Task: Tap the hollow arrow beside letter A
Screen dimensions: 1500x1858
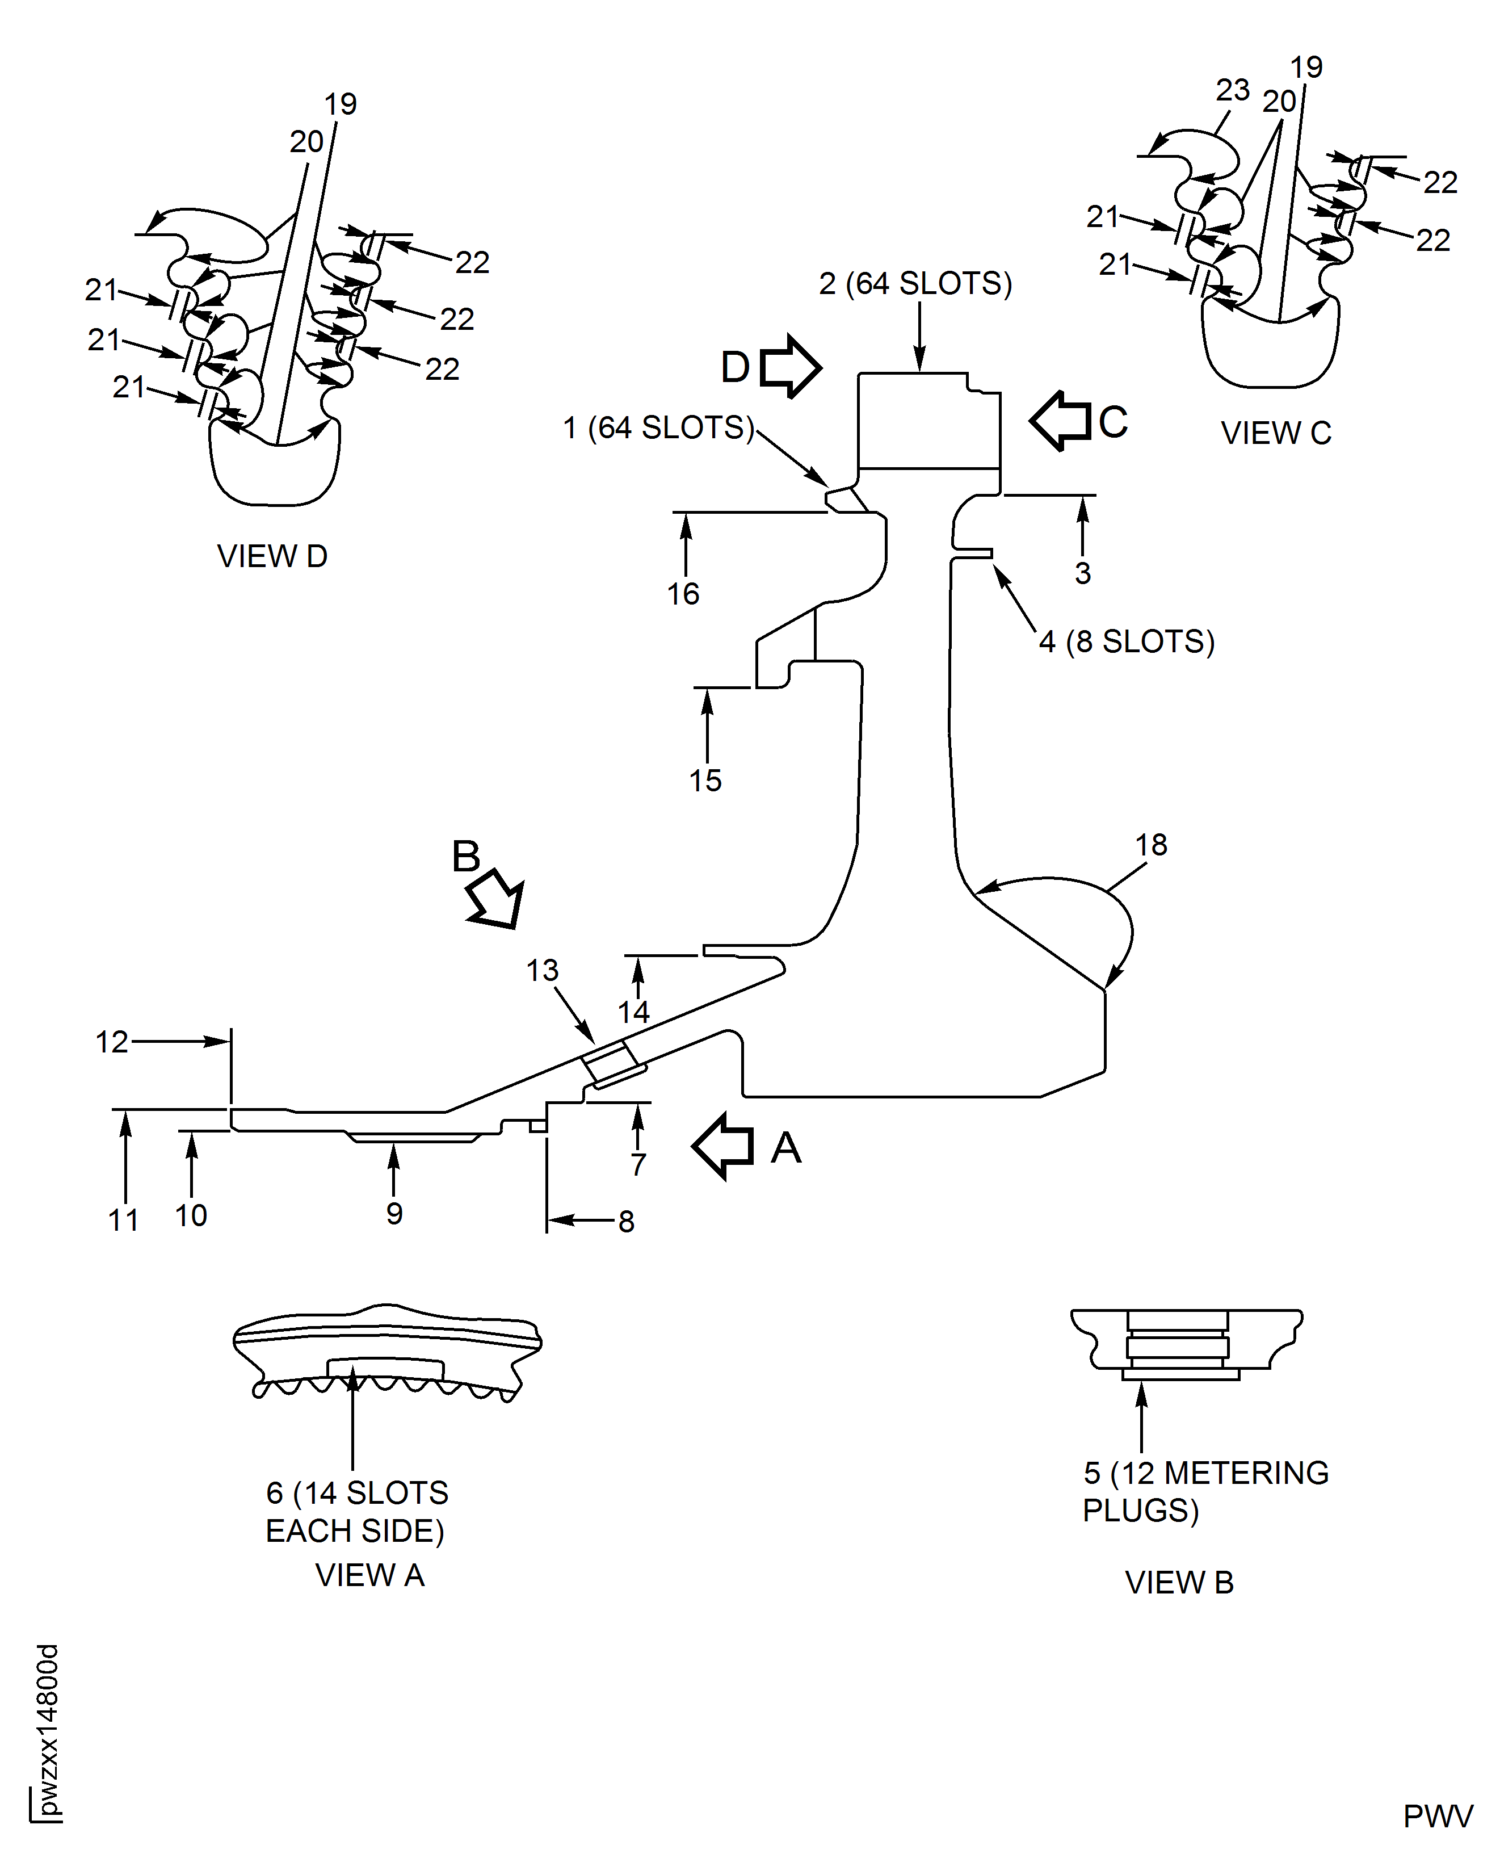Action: point(723,1146)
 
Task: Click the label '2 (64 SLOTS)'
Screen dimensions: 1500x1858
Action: point(915,283)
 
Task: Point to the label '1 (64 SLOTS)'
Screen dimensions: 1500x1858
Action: point(658,428)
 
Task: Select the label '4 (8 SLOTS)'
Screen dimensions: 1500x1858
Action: point(1127,641)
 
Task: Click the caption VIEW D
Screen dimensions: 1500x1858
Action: point(272,556)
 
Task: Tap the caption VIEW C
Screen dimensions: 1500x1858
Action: point(1275,433)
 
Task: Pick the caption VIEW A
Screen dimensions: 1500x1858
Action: point(370,1575)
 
